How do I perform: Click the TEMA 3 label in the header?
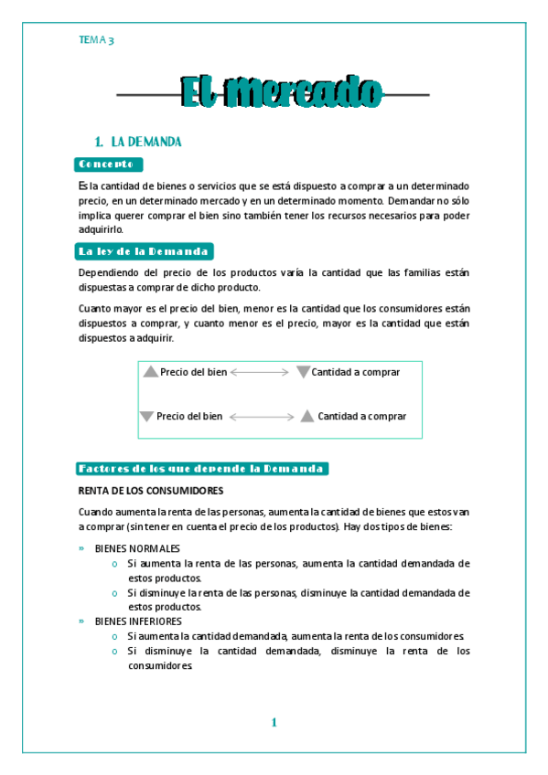tap(96, 39)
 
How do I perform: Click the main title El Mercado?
tap(282, 91)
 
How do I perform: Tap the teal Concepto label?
tap(109, 164)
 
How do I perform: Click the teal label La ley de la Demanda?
tap(145, 250)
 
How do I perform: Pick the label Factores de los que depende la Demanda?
tap(201, 469)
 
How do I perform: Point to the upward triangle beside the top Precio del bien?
tap(151, 372)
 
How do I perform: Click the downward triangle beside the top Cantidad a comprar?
tap(304, 372)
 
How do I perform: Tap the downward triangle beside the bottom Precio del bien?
tap(146, 417)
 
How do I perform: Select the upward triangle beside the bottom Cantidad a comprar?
tap(306, 416)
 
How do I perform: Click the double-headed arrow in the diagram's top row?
tap(260, 373)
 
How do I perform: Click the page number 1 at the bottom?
tap(274, 723)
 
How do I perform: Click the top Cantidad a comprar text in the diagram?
tap(355, 372)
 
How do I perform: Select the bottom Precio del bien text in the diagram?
tap(189, 417)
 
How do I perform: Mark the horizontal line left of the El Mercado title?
tap(148, 93)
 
